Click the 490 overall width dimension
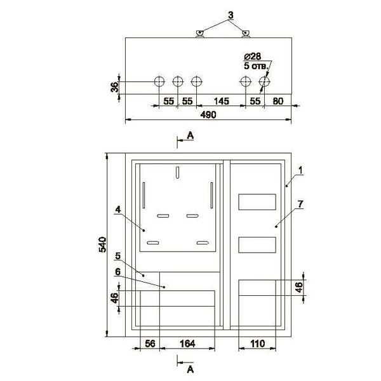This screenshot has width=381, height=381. (x=208, y=115)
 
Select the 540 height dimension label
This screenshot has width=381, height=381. (x=102, y=244)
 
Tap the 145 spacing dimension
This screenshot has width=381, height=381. (x=222, y=101)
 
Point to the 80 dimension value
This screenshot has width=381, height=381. (x=278, y=101)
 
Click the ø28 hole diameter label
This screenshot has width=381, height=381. (x=253, y=57)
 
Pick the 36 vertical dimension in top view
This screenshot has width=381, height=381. (x=115, y=87)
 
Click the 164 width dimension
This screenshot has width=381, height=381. (x=187, y=344)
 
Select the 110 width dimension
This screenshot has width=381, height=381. (x=257, y=344)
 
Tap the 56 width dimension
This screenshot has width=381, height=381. (x=150, y=344)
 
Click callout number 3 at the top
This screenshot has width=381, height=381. (x=231, y=15)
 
